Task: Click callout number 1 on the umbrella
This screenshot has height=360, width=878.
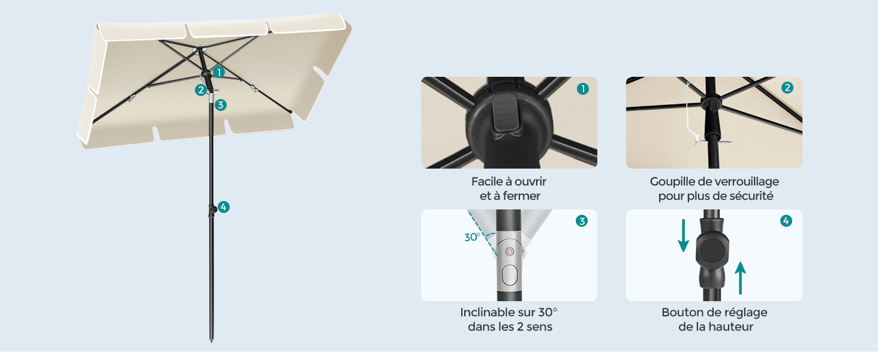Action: tap(219, 72)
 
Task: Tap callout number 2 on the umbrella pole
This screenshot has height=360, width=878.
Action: tap(201, 90)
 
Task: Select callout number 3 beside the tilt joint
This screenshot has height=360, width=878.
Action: tap(221, 105)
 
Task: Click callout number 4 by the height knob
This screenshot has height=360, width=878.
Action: tap(224, 207)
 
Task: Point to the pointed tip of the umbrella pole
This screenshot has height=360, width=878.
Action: tap(212, 341)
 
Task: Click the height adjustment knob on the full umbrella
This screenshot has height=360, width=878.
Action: tap(213, 209)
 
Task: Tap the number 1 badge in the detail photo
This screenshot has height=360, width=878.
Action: tap(583, 89)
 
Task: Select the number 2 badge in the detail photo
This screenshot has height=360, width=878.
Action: tap(787, 88)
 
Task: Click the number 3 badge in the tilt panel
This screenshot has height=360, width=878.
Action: tap(582, 221)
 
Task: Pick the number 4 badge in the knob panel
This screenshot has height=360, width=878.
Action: tap(786, 221)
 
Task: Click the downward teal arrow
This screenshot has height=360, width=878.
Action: tap(684, 235)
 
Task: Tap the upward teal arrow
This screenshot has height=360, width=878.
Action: tap(741, 278)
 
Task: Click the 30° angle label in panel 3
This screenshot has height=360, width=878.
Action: tap(473, 237)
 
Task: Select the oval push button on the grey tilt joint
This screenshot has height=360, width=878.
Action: tap(510, 275)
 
